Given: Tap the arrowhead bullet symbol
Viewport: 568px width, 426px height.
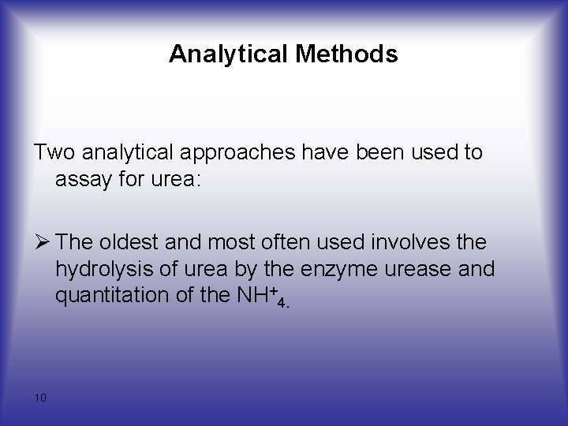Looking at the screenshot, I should [x=43, y=242].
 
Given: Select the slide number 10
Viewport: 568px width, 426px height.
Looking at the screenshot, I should [x=41, y=398].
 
